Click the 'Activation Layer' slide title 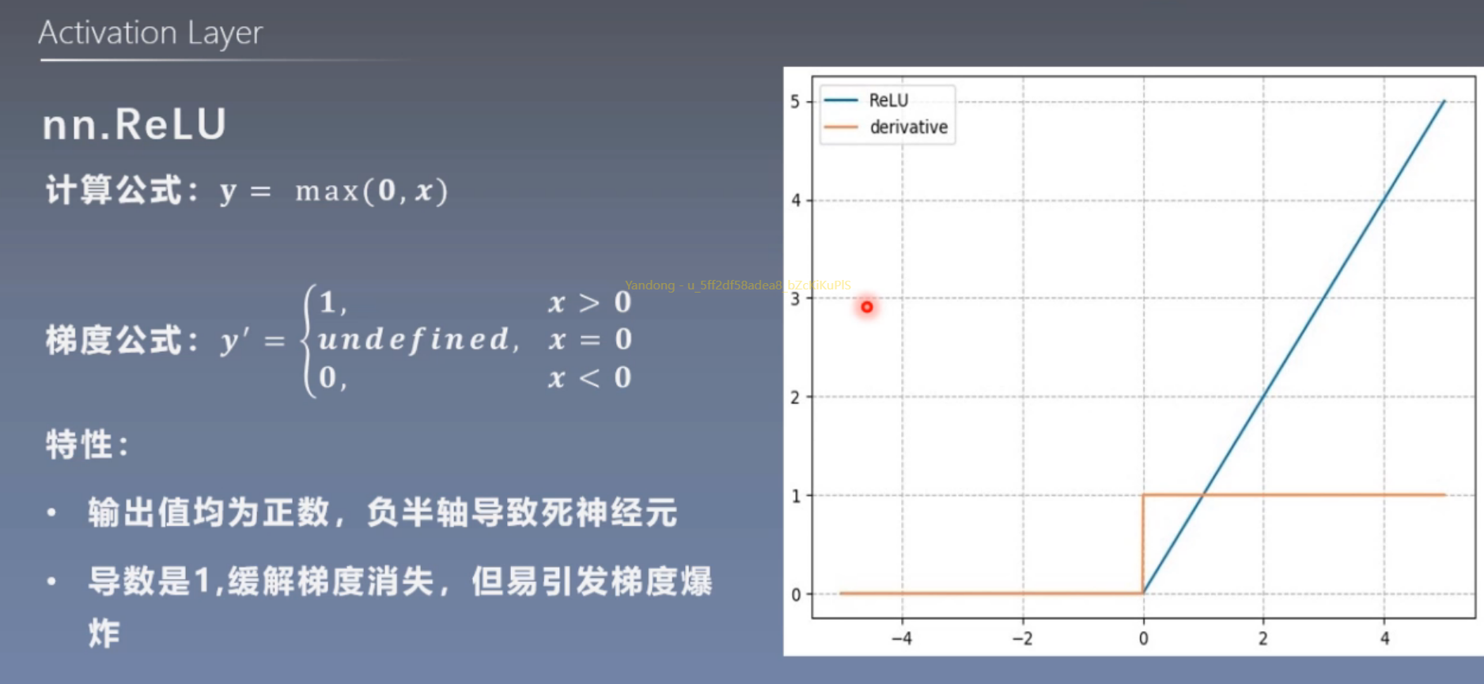point(150,33)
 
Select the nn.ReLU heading point(134,125)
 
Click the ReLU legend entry point(888,100)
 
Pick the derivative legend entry point(908,127)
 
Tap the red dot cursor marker point(867,307)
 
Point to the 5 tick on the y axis point(795,101)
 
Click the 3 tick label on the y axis point(795,299)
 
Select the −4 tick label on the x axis point(901,638)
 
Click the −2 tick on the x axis point(1022,638)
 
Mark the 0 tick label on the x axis point(1143,638)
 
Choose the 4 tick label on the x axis point(1384,638)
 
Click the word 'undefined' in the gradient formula point(414,340)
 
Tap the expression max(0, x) point(371,191)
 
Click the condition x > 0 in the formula point(589,302)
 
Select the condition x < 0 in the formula point(589,378)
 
